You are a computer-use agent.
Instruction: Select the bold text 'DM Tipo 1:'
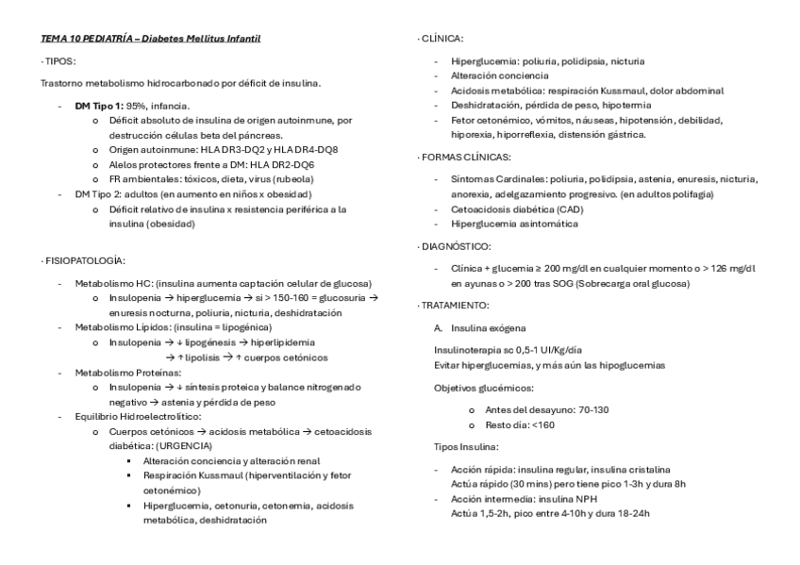point(99,106)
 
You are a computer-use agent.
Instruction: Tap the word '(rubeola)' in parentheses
point(292,178)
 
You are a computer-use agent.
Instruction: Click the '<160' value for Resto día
point(543,425)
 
